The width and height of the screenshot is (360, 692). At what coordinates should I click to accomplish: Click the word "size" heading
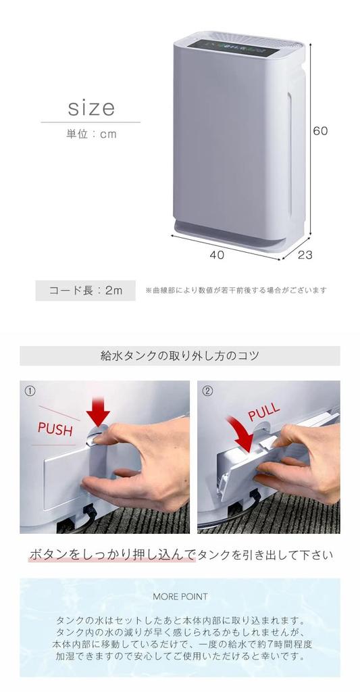(91, 108)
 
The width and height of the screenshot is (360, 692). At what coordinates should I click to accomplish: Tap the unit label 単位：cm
(91, 134)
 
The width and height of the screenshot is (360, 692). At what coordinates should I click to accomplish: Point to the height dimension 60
(320, 131)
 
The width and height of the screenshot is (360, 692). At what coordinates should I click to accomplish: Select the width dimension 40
(216, 255)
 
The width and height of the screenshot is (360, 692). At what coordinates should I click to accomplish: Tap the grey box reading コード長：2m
(86, 291)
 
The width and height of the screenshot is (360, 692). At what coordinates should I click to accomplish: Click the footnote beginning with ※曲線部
(236, 291)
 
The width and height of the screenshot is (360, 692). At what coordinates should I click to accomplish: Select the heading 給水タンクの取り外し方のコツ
(180, 355)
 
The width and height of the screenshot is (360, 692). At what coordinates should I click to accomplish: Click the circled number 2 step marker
(207, 391)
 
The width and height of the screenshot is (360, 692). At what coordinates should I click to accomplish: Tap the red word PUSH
(55, 429)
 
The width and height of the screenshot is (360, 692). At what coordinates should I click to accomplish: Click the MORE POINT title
(180, 597)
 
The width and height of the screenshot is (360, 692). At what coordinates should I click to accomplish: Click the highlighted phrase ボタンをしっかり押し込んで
(111, 555)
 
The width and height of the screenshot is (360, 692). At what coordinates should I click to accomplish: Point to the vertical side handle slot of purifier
(290, 152)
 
